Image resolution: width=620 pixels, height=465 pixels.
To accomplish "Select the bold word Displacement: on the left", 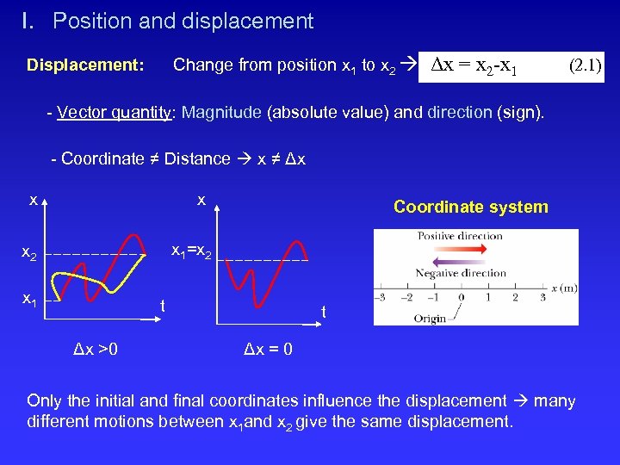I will click(85, 65).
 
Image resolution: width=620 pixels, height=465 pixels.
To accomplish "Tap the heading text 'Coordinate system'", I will click(470, 207).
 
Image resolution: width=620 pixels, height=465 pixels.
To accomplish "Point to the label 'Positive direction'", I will click(460, 236).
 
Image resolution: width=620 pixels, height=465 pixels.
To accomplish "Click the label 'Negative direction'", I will click(461, 273).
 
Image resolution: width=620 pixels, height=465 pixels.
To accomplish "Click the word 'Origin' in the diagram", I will click(430, 318).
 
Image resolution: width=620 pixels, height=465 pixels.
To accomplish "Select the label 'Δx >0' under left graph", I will click(96, 349).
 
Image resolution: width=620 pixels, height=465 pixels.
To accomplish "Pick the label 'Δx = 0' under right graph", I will click(267, 349).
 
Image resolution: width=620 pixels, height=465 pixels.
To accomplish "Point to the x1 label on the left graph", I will click(28, 301).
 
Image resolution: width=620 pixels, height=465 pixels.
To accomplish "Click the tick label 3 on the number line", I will click(542, 298).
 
